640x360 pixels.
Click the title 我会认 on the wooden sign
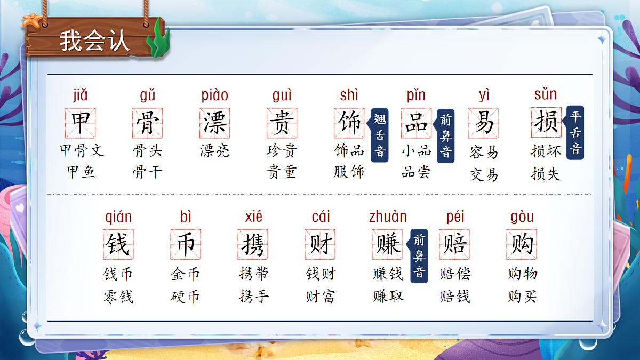[x=94, y=41]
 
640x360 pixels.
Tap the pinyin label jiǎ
[x=81, y=95]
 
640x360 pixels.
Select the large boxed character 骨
[x=148, y=123]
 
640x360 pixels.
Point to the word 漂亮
[x=214, y=151]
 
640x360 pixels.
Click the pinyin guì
[x=282, y=95]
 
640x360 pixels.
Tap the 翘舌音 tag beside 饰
[x=380, y=135]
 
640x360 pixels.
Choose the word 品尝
[x=416, y=172]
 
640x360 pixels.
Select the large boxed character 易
[x=483, y=123]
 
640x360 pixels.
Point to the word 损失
[x=546, y=173]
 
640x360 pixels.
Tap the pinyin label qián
[x=118, y=217]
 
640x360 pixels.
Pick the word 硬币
[x=185, y=297]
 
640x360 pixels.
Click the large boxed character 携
[x=253, y=245]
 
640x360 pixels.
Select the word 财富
[x=321, y=297]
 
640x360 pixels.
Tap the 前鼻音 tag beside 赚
[x=420, y=255]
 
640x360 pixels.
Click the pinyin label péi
[x=455, y=217]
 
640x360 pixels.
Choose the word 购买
[x=522, y=297]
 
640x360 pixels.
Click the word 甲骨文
[x=82, y=151]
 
